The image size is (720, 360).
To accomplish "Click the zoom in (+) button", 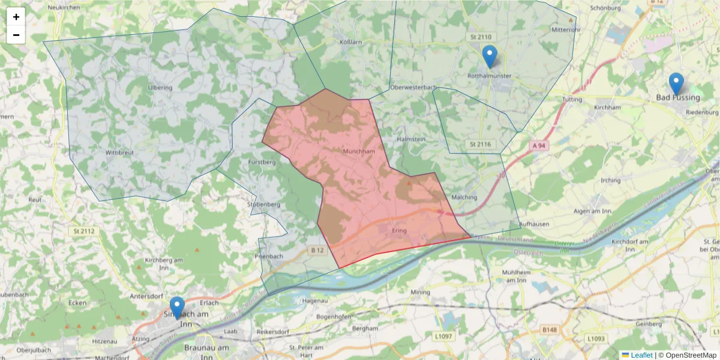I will [16, 17].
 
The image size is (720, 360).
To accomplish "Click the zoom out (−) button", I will [16, 35].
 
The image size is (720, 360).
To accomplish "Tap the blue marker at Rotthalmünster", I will [490, 56].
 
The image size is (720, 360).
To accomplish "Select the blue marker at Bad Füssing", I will [676, 84].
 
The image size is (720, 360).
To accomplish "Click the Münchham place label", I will [359, 151].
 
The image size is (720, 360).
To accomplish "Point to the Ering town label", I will [399, 230].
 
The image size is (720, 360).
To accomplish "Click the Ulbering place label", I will [159, 87].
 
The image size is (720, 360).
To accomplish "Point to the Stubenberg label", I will [264, 204].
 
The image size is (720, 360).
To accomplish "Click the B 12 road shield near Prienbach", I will [317, 250].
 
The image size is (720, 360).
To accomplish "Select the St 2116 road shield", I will [480, 144].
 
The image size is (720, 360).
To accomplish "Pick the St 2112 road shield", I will [84, 230].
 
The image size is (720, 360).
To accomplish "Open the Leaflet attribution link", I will [641, 355].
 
